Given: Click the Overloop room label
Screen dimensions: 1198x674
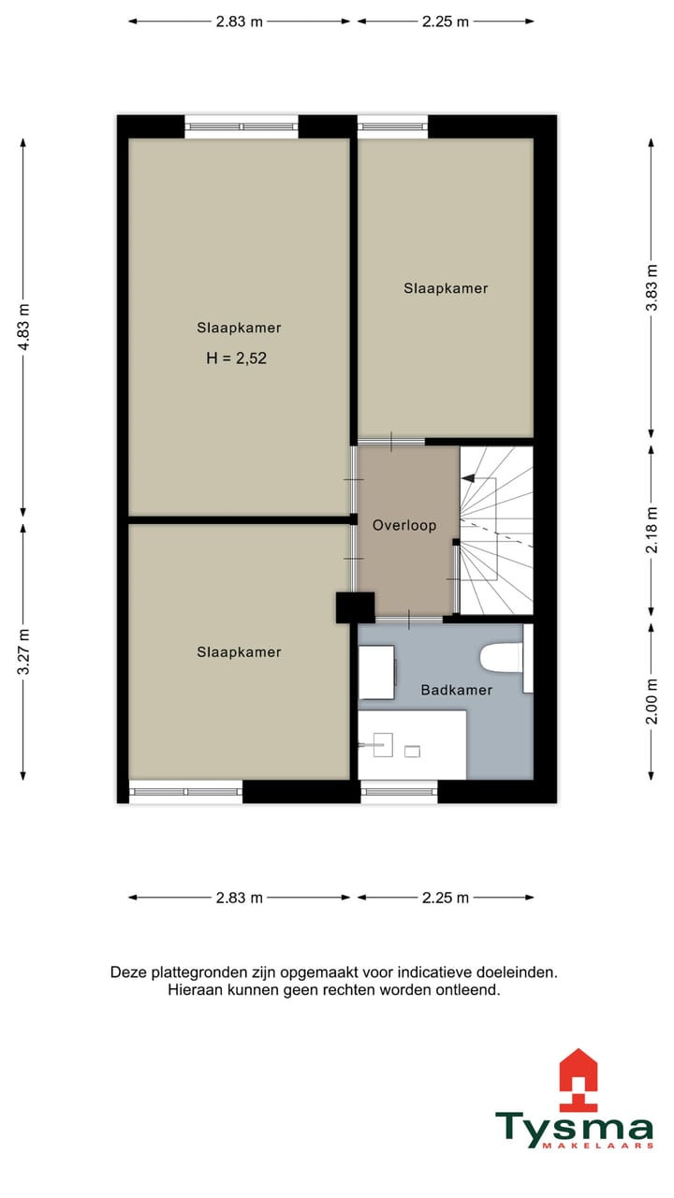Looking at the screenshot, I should (404, 526).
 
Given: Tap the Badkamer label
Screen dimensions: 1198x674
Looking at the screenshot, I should (456, 690).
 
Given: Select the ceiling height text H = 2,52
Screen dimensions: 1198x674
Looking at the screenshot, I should (237, 357).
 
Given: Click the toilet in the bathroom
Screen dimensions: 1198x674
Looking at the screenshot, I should (500, 658).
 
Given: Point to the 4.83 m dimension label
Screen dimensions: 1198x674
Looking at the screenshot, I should (24, 328).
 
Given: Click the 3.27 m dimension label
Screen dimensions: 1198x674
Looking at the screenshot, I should (24, 651).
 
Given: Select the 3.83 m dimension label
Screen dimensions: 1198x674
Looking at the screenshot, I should (652, 288).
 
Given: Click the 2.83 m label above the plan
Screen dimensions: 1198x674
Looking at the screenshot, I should (240, 22).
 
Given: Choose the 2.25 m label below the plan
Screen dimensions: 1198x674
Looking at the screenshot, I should (445, 898).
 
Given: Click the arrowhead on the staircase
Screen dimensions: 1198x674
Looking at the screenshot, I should (467, 479).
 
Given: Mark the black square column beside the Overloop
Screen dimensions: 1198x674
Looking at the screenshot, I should (355, 607).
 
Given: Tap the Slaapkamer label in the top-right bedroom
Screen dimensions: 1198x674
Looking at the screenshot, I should (446, 288).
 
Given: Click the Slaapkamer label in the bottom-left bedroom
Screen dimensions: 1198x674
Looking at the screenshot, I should (239, 652).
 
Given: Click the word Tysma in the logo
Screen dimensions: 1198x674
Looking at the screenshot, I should (574, 1129).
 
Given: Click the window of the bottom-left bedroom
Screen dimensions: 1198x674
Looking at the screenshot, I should (185, 792).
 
